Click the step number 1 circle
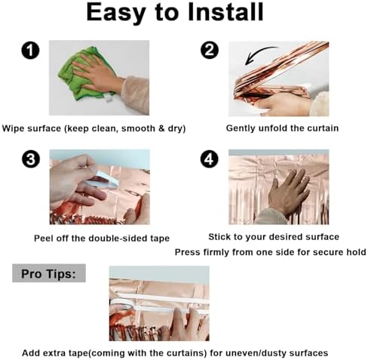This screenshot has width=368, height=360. click(30, 51)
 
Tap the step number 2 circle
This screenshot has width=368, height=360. click(210, 50)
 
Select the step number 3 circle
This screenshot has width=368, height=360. click(31, 159)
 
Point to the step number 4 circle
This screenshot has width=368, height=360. click(210, 159)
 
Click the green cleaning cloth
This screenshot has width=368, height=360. click(81, 73)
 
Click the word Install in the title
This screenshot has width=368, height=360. click(225, 12)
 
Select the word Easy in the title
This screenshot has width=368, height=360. click(116, 13)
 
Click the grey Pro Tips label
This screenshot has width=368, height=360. click(49, 273)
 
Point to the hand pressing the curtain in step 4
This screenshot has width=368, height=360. click(287, 195)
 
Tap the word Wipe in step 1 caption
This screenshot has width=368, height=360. click(14, 128)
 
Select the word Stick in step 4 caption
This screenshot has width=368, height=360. click(218, 237)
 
